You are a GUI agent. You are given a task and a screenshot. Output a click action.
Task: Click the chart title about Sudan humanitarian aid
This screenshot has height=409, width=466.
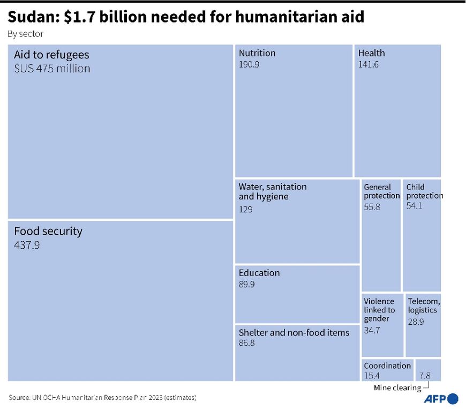[x=186, y=17]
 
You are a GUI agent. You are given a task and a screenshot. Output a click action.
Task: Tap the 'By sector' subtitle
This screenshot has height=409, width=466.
[x=25, y=34]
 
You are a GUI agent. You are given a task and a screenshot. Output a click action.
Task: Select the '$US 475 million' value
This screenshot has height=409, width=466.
[x=52, y=69]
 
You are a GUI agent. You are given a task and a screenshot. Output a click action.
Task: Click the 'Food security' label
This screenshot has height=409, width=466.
[x=48, y=232]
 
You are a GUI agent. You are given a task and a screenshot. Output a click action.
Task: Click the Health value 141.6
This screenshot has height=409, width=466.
[x=369, y=64]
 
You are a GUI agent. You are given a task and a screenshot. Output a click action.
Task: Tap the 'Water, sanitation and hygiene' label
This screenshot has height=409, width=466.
[x=273, y=191]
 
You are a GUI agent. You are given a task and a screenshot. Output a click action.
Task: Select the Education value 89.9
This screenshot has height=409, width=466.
[x=247, y=285]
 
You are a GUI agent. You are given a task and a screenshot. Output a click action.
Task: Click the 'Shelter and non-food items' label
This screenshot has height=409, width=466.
[x=294, y=333]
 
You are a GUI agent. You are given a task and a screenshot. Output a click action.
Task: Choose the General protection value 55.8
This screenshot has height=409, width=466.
[x=372, y=207]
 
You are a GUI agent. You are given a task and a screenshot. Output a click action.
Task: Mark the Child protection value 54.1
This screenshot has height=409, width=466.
[x=414, y=205]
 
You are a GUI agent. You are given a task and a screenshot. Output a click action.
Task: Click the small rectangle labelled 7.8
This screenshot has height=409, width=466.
[x=428, y=370]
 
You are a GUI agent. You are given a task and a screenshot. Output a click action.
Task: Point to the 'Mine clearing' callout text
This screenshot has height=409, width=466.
[x=397, y=388]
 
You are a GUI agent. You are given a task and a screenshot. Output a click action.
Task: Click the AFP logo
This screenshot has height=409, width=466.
[x=441, y=399]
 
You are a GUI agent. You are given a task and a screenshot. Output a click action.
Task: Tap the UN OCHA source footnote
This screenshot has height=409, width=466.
[x=102, y=398]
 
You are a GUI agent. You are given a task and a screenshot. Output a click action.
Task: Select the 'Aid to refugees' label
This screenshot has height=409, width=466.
[x=51, y=55]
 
